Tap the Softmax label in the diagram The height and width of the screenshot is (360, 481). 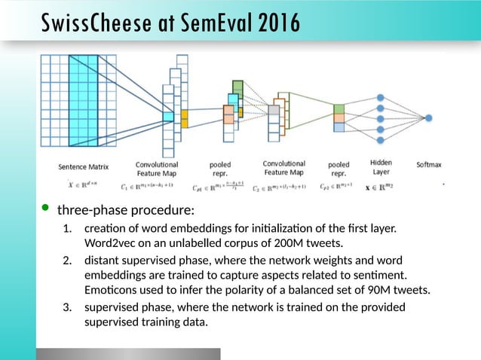tap(430, 163)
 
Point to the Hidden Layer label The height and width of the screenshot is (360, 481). tap(381, 167)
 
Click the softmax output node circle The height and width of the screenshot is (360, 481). tap(428, 118)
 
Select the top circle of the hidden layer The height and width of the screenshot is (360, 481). tap(381, 98)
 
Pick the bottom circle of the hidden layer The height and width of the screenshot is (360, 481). tap(381, 139)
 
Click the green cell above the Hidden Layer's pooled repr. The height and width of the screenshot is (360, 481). tap(339, 108)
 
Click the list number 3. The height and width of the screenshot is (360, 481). tap(67, 307)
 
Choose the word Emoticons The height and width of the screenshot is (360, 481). tap(113, 289)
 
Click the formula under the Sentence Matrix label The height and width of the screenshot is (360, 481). tap(78, 184)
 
